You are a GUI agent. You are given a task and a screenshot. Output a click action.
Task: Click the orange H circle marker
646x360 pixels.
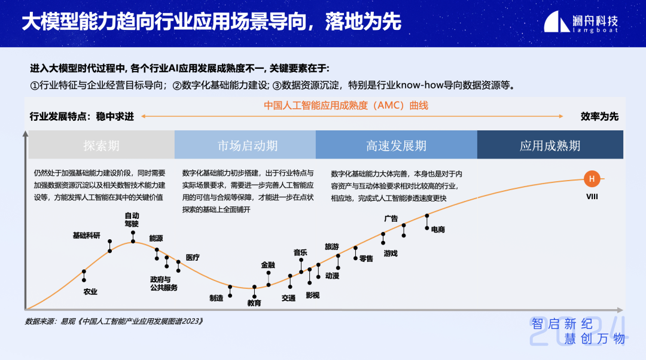[592, 179]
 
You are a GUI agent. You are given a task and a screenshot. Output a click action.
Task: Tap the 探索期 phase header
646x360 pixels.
[101, 145]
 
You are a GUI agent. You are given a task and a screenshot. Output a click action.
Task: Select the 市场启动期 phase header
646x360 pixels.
[245, 145]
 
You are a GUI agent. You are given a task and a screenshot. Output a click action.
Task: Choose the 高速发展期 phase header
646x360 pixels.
[397, 145]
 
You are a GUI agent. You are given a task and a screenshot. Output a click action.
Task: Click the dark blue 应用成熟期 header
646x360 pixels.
[550, 145]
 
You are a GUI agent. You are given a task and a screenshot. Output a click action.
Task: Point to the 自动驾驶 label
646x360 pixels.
[132, 219]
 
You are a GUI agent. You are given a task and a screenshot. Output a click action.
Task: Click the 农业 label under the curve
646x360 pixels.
[90, 292]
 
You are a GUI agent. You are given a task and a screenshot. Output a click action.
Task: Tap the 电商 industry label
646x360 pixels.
[438, 230]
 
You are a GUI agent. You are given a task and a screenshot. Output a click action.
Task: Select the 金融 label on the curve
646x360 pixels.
[268, 265]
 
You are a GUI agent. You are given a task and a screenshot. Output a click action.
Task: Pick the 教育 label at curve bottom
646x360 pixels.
[254, 303]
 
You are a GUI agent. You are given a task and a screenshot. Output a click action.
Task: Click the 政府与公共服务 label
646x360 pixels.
[163, 283]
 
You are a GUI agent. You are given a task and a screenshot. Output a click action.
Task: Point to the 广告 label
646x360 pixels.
[391, 218]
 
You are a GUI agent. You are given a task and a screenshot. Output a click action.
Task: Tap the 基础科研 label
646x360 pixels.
[87, 235]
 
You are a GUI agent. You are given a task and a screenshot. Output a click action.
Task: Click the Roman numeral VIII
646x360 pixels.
[592, 197]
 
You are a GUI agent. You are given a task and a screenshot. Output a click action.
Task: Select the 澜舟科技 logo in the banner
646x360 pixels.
[581, 22]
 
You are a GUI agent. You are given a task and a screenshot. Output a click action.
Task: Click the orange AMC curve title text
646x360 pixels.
[346, 105]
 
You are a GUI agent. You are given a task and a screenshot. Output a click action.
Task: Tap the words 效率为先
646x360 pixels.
[599, 117]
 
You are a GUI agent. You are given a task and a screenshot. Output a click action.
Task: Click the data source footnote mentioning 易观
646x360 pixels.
[114, 321]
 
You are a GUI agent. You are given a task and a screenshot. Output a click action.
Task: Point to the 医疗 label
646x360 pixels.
[193, 257]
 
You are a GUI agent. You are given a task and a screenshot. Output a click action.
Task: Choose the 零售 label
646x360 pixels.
[366, 259]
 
